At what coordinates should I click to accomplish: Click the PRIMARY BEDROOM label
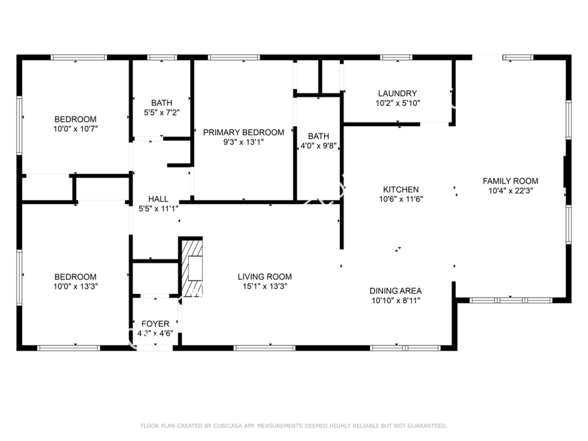(244, 133)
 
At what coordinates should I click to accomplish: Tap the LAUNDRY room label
(397, 93)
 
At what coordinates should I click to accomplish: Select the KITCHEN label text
(401, 189)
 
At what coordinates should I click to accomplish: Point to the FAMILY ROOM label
(510, 181)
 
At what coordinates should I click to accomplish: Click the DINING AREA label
(396, 291)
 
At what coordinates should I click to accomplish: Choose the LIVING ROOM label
(265, 277)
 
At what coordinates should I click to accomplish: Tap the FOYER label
(155, 323)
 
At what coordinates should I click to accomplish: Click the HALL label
(158, 199)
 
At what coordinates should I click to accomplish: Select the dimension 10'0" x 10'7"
(76, 129)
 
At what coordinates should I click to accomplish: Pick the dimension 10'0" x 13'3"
(76, 287)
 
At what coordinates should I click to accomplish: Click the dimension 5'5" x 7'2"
(161, 112)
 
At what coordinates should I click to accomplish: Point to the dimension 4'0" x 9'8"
(318, 146)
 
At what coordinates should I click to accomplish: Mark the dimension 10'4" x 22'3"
(511, 191)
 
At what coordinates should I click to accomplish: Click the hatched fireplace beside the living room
(192, 267)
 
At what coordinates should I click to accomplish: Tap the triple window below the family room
(511, 300)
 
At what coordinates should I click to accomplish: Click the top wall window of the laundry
(396, 57)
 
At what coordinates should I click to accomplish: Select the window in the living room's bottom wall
(265, 348)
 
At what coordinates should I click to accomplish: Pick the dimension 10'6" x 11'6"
(401, 199)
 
